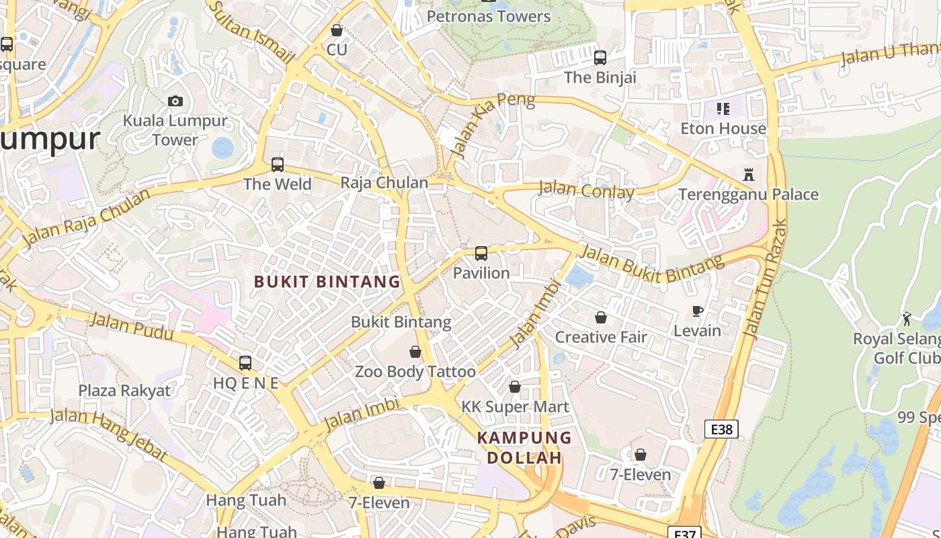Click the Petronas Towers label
click(489, 16)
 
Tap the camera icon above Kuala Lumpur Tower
click(175, 102)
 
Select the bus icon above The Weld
click(277, 165)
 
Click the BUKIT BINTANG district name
click(327, 282)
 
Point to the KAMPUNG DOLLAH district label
click(524, 447)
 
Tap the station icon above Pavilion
click(481, 254)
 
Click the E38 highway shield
click(721, 429)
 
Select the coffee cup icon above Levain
click(698, 311)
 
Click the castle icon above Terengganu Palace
click(748, 175)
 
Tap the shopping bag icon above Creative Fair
click(600, 317)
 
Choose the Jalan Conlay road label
click(586, 191)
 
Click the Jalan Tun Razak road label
click(766, 279)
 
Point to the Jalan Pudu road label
click(132, 327)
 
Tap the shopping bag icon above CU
click(337, 31)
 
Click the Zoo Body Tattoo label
click(415, 371)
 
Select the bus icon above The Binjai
click(600, 58)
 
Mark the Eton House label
click(723, 128)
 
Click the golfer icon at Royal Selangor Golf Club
click(907, 318)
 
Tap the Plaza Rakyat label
click(124, 390)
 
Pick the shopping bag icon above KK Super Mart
click(515, 387)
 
